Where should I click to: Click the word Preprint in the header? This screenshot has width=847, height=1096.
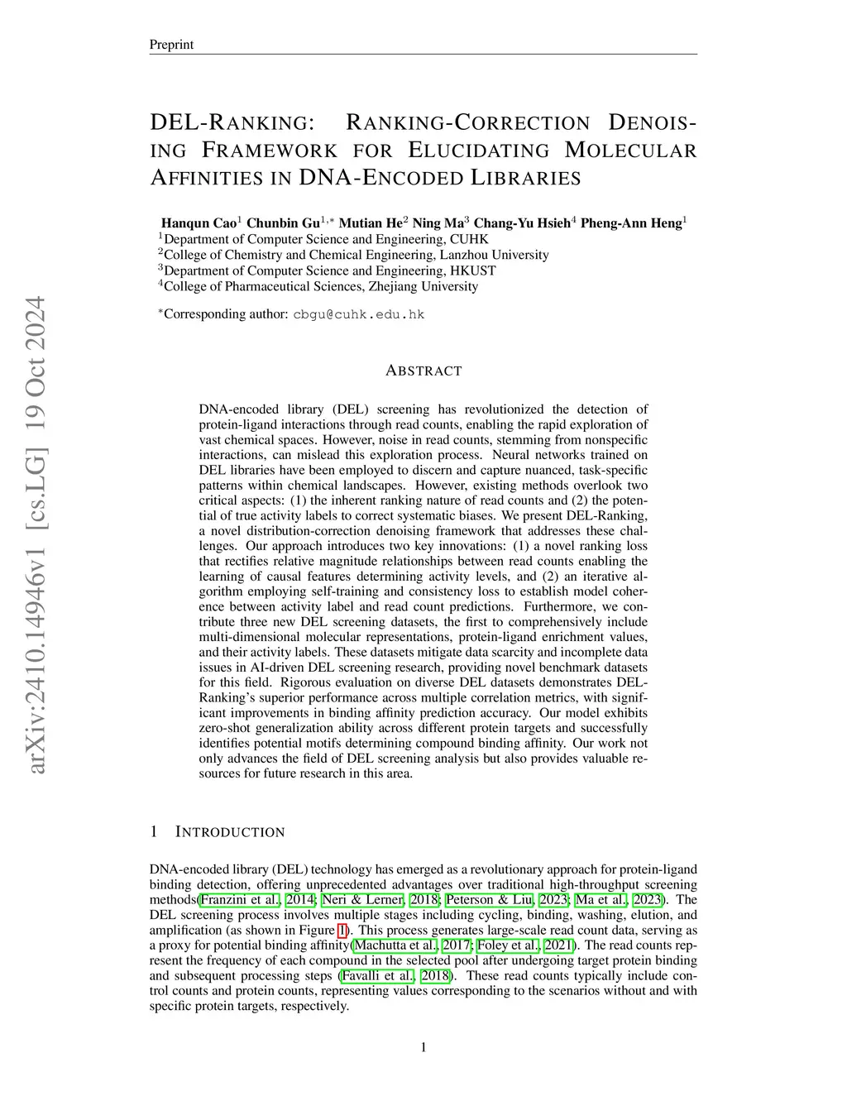tap(170, 45)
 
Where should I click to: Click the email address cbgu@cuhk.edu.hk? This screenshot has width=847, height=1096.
tap(359, 314)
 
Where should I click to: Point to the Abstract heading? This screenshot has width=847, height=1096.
tap(423, 371)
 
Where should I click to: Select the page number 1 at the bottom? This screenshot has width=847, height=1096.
tap(423, 1048)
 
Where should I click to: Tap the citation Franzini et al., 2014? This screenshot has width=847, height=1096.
tap(257, 900)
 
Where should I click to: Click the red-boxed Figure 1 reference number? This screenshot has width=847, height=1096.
tap(343, 931)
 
